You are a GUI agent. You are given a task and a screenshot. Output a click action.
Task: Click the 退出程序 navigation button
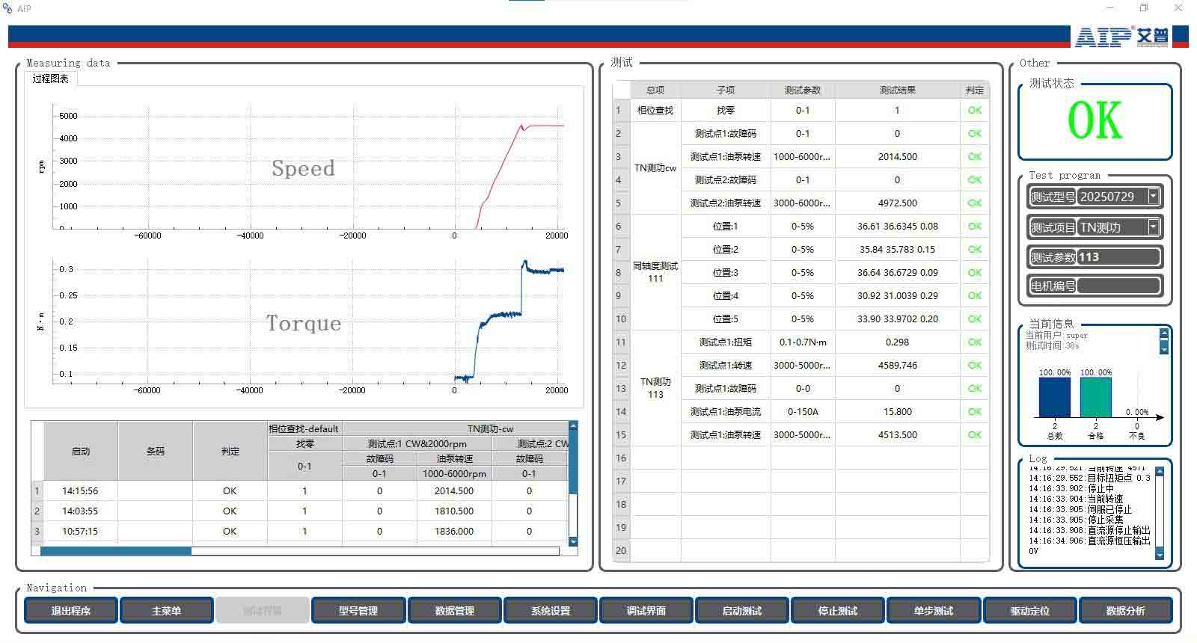point(71,610)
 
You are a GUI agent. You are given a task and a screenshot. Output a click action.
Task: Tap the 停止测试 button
point(837,610)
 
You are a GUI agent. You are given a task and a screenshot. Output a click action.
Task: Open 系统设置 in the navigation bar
point(550,610)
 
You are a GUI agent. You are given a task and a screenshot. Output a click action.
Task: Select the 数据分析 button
point(1125,610)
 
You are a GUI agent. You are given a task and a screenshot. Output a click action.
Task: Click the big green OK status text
point(1095,120)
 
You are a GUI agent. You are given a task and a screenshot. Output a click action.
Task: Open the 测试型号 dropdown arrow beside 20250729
point(1153,197)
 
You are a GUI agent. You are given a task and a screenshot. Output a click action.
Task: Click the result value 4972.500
point(897,203)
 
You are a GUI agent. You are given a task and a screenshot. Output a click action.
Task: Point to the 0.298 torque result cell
point(897,342)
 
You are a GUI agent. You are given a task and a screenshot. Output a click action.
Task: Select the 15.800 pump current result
point(897,411)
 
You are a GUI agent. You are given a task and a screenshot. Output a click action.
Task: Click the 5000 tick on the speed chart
point(68,116)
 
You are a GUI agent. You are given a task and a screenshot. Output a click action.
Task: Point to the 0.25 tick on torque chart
point(68,295)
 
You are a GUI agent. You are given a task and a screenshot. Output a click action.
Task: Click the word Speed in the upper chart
point(303,168)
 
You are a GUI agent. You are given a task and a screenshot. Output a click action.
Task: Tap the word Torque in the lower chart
point(304,323)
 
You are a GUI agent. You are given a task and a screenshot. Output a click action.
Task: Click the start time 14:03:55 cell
point(80,511)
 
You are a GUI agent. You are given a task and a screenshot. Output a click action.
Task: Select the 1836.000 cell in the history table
point(454,531)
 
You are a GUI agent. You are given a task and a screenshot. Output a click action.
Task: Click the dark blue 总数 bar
point(1055,397)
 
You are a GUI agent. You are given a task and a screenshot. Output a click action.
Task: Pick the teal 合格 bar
point(1096,397)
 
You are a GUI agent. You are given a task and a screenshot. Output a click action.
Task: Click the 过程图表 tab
point(50,79)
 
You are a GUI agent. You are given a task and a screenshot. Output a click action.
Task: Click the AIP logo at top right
point(1121,37)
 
